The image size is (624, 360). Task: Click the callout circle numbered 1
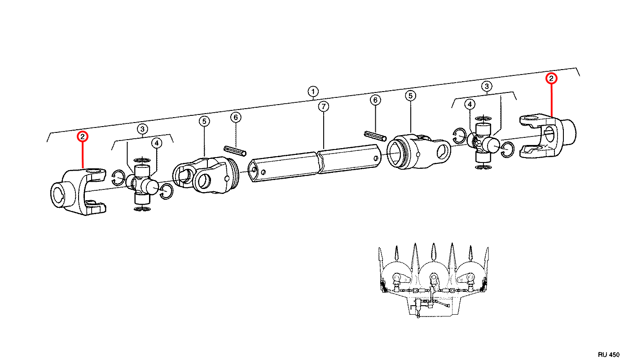(x=313, y=92)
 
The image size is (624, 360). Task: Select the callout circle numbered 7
(x=323, y=106)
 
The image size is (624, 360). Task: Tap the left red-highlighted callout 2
(x=83, y=136)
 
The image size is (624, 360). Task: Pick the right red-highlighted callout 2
(x=551, y=79)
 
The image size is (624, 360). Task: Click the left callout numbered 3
(x=143, y=129)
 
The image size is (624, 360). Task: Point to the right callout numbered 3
(x=487, y=86)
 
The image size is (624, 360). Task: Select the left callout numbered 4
(x=157, y=143)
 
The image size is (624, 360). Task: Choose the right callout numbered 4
(x=470, y=105)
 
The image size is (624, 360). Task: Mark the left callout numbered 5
(x=204, y=121)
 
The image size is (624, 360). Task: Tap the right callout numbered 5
(x=410, y=96)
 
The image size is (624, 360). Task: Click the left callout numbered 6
(x=236, y=117)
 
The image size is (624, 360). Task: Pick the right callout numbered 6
(x=375, y=100)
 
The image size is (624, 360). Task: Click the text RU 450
(x=608, y=355)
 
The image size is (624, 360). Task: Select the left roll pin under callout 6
(x=235, y=151)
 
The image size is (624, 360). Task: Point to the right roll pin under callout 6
(x=375, y=136)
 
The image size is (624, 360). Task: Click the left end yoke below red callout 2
(x=78, y=192)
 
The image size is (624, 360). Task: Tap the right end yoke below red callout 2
(x=548, y=136)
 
